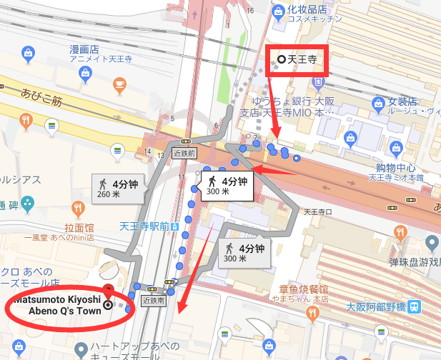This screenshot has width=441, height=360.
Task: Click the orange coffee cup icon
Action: tap(120, 86)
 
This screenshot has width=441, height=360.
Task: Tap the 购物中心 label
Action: tap(395, 169)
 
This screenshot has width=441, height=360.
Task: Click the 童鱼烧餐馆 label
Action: tap(304, 290)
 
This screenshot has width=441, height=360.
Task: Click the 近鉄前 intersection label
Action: tap(184, 152)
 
